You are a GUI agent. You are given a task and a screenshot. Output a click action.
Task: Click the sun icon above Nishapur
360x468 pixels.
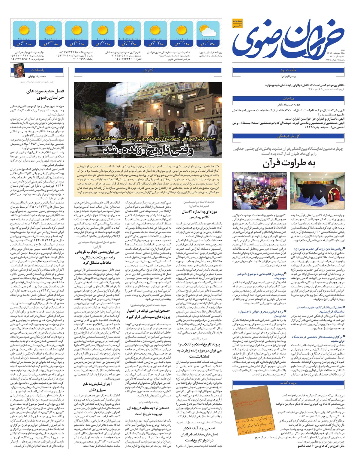pos(23,31)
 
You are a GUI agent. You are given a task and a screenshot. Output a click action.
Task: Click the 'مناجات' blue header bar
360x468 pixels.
pos(288,98)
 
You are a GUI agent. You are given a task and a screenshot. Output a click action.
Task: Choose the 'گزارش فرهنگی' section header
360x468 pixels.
pos(288,136)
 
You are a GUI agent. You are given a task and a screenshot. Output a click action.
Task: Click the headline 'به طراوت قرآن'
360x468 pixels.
pos(288,163)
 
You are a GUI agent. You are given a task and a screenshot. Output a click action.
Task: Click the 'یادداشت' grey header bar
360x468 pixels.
pos(45,70)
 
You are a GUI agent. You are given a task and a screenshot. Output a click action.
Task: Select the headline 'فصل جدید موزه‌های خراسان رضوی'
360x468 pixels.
pos(45,94)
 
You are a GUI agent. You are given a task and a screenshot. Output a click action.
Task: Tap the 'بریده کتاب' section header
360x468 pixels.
pos(288,383)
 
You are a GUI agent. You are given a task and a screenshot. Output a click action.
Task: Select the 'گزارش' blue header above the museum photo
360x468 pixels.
pos(148,70)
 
